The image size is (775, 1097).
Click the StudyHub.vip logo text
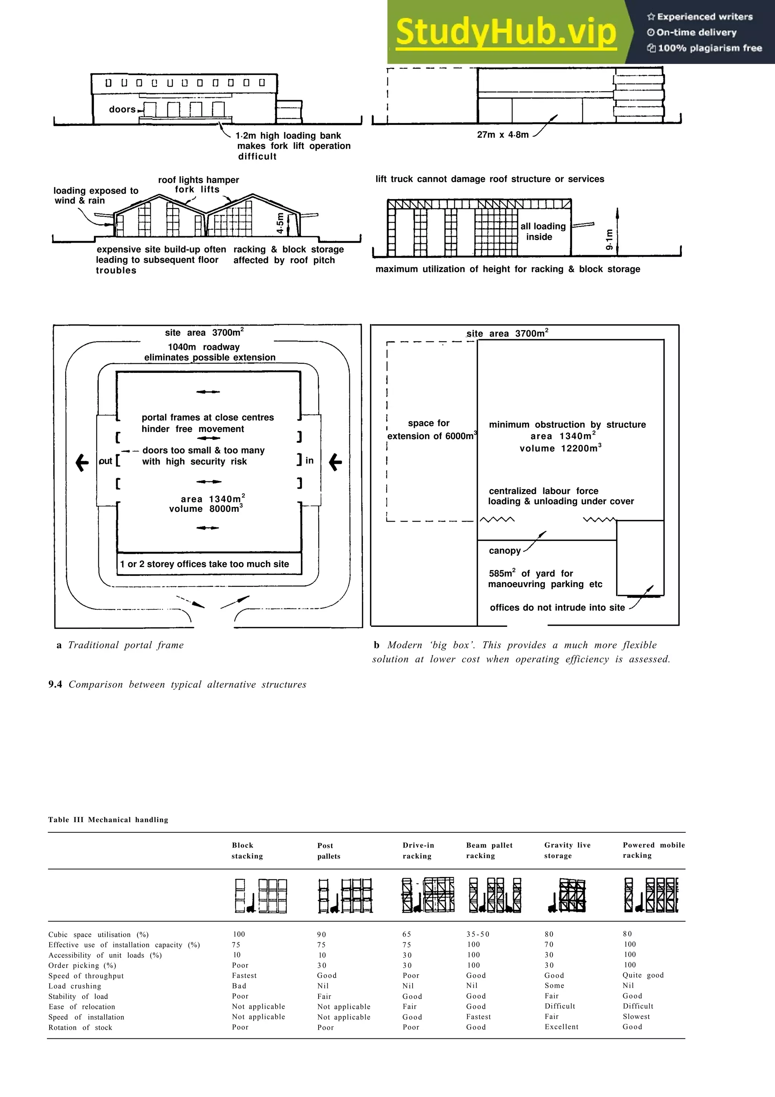pyautogui.click(x=506, y=32)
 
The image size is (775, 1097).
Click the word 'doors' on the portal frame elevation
pyautogui.click(x=122, y=109)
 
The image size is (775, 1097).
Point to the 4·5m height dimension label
pyautogui.click(x=280, y=223)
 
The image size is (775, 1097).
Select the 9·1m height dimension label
pyautogui.click(x=609, y=239)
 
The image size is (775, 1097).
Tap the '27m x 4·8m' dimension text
pyautogui.click(x=503, y=135)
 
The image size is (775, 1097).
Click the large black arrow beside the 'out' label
pyautogui.click(x=82, y=462)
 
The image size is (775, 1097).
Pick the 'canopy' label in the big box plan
pyautogui.click(x=505, y=551)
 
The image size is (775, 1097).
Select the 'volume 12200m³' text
pyautogui.click(x=560, y=448)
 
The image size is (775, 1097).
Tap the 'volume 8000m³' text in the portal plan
pyautogui.click(x=206, y=509)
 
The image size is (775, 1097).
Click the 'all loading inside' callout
pyautogui.click(x=542, y=232)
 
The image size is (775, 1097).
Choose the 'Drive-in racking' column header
pyautogui.click(x=418, y=851)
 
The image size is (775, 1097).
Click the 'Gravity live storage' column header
pyautogui.click(x=567, y=851)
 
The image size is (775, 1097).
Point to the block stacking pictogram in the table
pyautogui.click(x=261, y=896)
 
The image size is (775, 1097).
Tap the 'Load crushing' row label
pyautogui.click(x=75, y=986)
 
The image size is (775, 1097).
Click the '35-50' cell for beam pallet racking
pyautogui.click(x=478, y=934)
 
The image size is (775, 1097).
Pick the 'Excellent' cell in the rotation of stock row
pyautogui.click(x=561, y=1027)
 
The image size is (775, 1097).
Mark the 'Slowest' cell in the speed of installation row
pyautogui.click(x=636, y=1016)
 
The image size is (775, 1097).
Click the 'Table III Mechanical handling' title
pyautogui.click(x=108, y=820)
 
